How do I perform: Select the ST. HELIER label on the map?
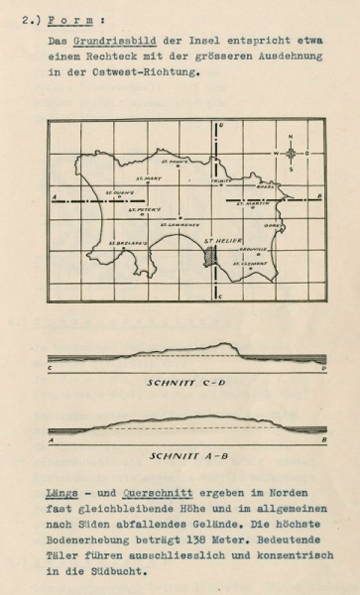[219, 239]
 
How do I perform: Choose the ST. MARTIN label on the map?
[257, 203]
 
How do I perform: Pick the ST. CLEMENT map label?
[250, 263]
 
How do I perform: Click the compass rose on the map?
[291, 153]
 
